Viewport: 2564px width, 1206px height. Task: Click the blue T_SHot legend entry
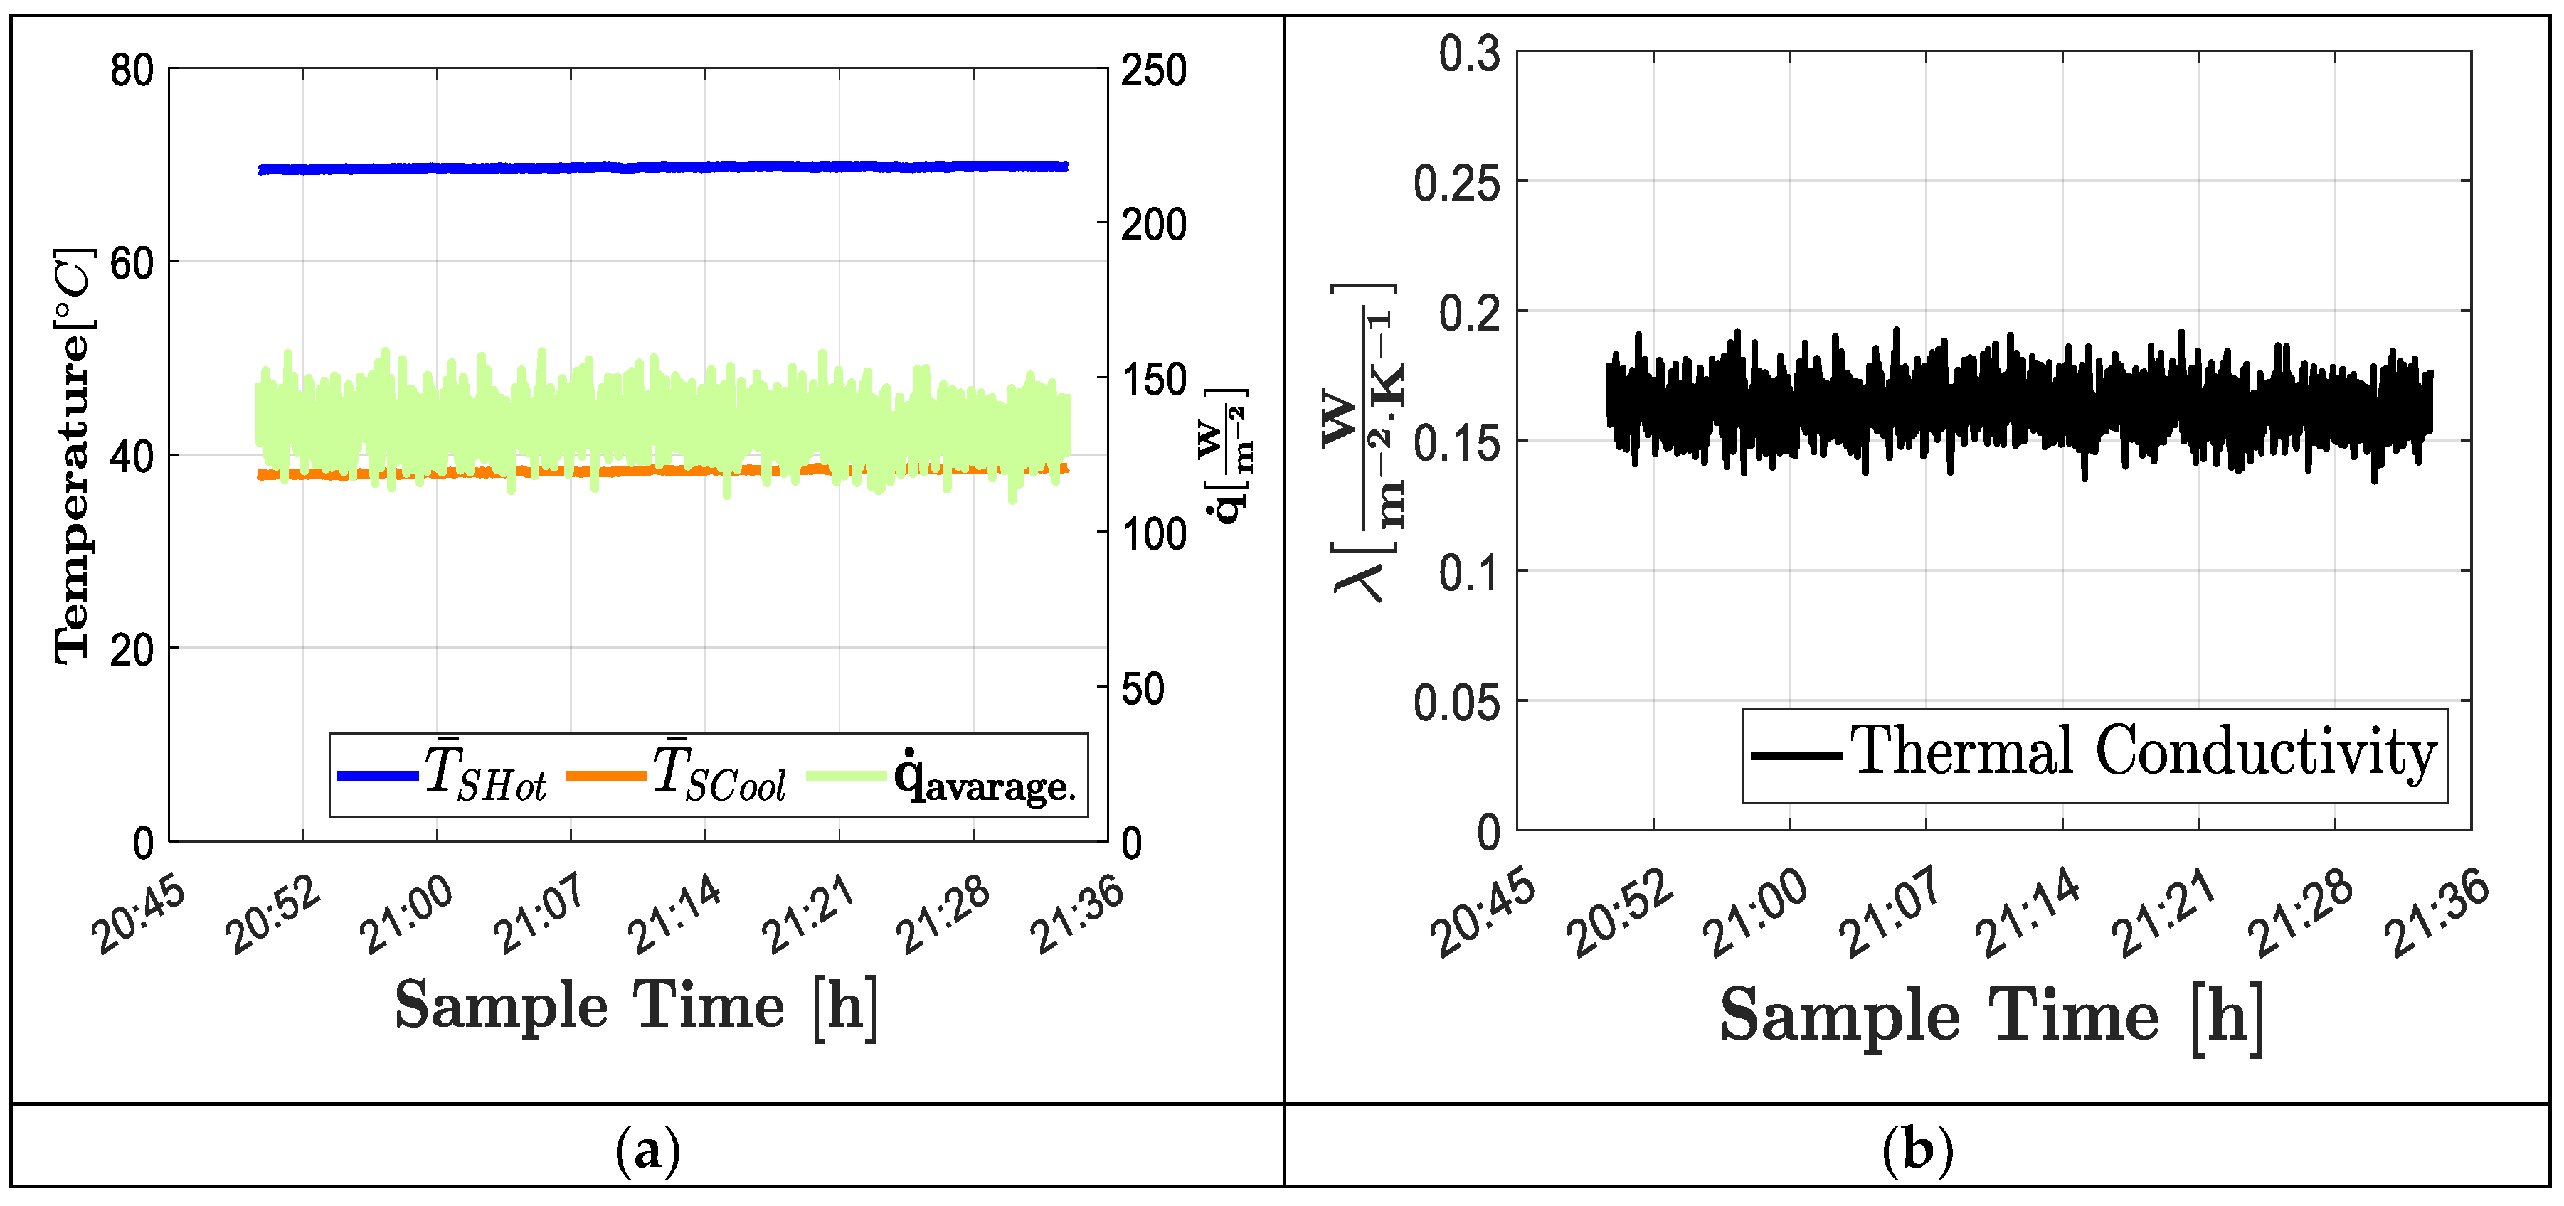tap(443, 775)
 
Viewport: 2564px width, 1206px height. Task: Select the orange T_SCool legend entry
tap(677, 775)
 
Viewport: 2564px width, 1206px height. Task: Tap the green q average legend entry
tap(941, 777)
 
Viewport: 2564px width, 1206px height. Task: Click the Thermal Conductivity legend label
tap(2141, 753)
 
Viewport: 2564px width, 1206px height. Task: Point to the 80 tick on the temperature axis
tap(132, 72)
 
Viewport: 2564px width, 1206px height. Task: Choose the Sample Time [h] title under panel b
tap(1991, 1015)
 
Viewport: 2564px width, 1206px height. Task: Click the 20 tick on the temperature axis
tap(132, 651)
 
